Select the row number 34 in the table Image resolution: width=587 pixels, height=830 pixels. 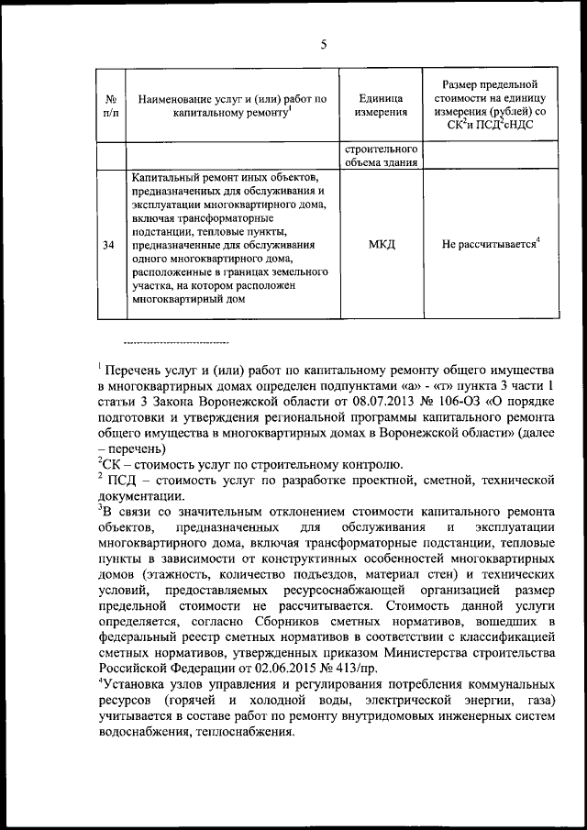tap(109, 245)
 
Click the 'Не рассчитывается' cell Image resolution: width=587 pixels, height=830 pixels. tap(490, 245)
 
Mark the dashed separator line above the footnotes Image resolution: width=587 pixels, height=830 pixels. tap(174, 342)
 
